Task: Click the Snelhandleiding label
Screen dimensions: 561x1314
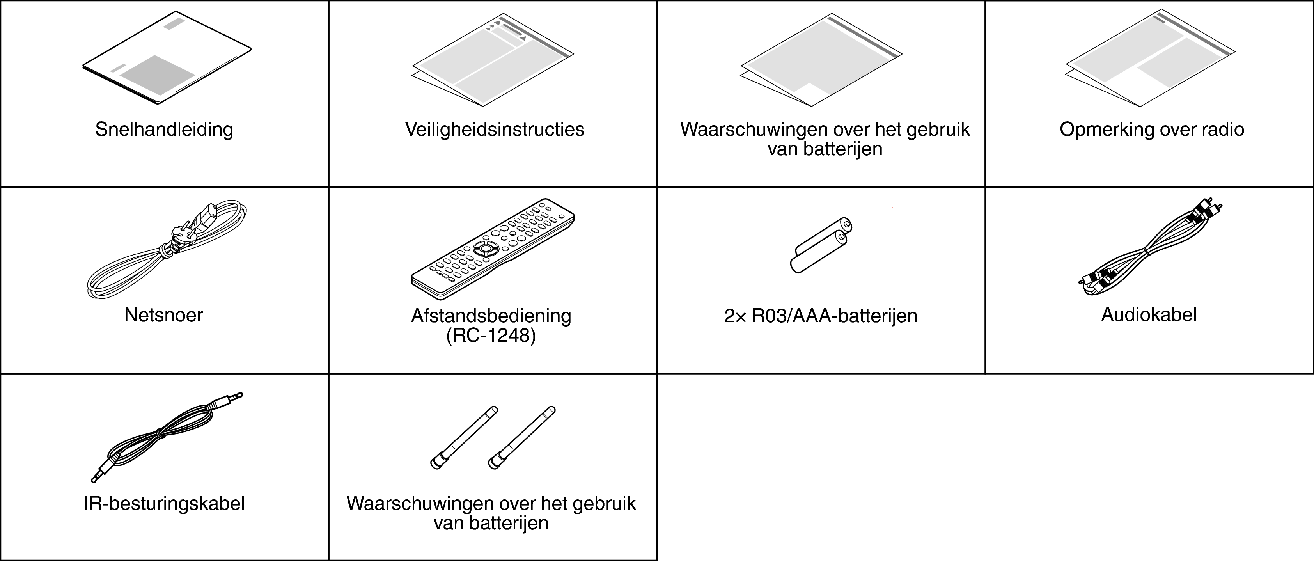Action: pyautogui.click(x=164, y=130)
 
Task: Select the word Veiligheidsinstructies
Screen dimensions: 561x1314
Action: pyautogui.click(x=494, y=130)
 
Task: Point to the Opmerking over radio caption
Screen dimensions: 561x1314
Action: pyautogui.click(x=1151, y=130)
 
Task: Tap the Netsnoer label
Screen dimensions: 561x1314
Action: pyautogui.click(x=163, y=315)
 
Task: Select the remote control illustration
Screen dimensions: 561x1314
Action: pyautogui.click(x=492, y=249)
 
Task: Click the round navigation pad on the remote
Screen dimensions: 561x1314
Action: pyautogui.click(x=484, y=249)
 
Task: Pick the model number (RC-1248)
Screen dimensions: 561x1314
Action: pyautogui.click(x=491, y=336)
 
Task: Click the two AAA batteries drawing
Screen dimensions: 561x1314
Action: pyautogui.click(x=821, y=244)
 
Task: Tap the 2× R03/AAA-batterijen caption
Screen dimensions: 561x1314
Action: pyautogui.click(x=820, y=316)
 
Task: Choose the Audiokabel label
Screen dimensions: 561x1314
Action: pyautogui.click(x=1149, y=315)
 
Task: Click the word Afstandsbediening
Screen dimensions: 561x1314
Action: pyautogui.click(x=491, y=316)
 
